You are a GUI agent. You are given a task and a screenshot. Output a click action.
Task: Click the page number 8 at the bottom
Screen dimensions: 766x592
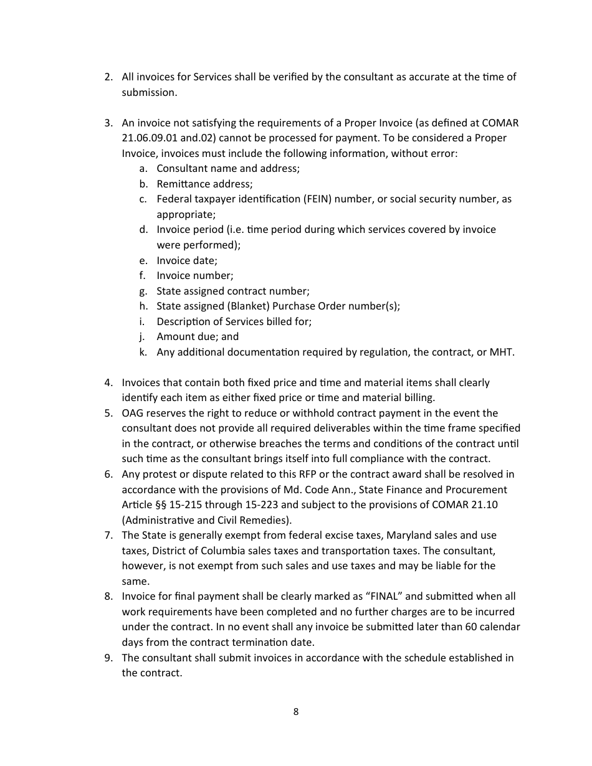click(295, 712)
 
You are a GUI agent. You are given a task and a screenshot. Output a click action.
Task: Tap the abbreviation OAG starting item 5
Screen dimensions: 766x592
click(133, 413)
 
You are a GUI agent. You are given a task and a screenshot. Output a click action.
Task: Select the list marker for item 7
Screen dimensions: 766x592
click(108, 536)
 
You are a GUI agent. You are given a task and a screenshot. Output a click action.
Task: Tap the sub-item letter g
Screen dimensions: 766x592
click(143, 291)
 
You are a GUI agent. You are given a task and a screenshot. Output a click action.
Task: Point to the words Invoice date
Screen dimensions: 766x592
click(186, 261)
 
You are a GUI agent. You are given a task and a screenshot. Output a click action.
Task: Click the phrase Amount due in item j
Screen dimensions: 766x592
click(181, 337)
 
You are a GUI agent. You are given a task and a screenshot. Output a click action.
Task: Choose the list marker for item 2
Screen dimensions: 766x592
click(108, 77)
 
